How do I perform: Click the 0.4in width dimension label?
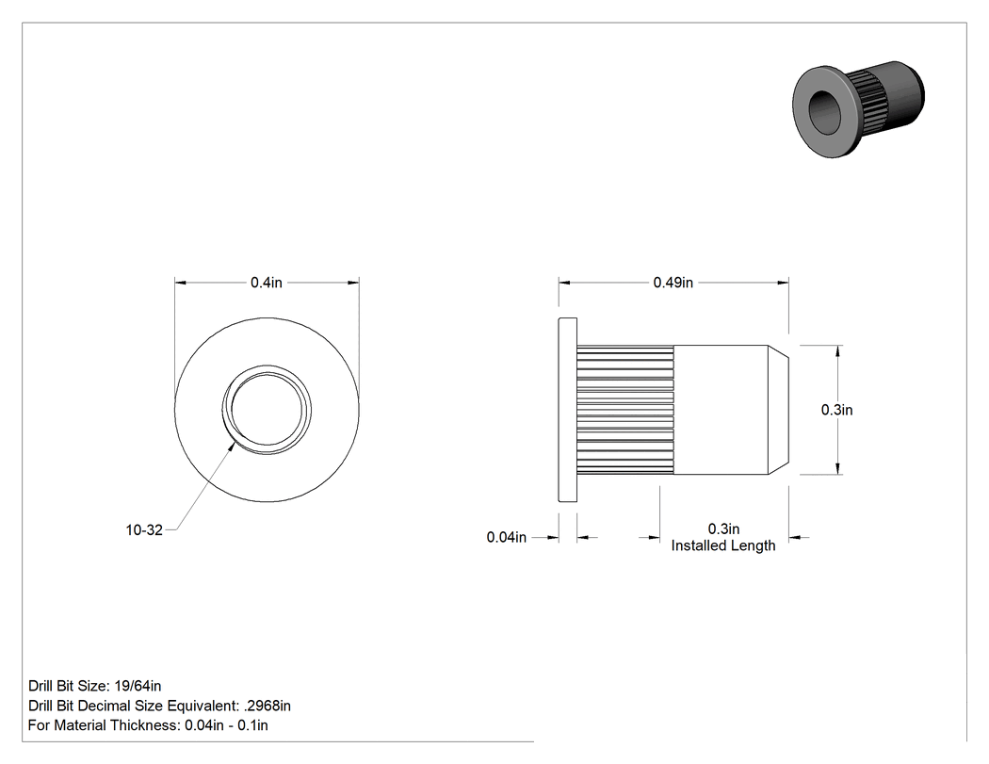[x=267, y=283]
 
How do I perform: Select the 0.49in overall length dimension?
[x=673, y=283]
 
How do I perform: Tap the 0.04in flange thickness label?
[x=507, y=538]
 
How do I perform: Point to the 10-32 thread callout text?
[x=144, y=530]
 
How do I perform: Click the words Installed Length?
[x=723, y=545]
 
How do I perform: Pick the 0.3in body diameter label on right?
[x=837, y=410]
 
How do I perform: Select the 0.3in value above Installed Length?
[x=723, y=529]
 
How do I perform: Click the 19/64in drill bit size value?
[x=138, y=686]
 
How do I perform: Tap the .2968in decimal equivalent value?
[x=267, y=706]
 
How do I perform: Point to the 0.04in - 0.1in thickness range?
[x=226, y=725]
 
